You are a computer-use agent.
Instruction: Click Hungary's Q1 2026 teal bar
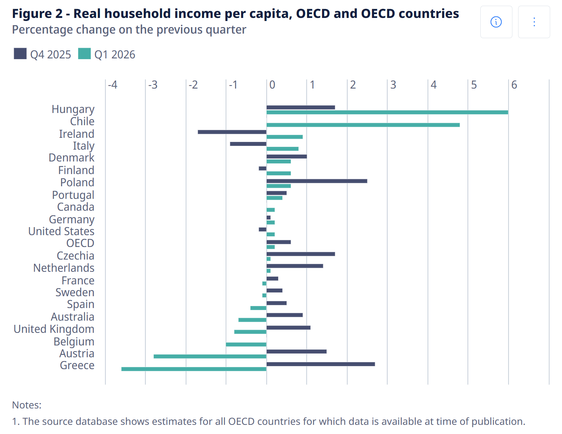pyautogui.click(x=387, y=112)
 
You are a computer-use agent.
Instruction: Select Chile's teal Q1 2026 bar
pyautogui.click(x=363, y=125)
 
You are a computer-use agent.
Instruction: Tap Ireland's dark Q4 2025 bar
pyautogui.click(x=232, y=132)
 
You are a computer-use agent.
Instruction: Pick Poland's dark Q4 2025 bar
pyautogui.click(x=317, y=181)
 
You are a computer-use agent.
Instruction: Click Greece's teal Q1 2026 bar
pyautogui.click(x=194, y=369)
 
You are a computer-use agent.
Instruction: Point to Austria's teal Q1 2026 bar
pyautogui.click(x=210, y=357)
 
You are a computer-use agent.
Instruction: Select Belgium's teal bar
pyautogui.click(x=246, y=344)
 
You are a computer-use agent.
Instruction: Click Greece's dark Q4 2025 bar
pyautogui.click(x=321, y=364)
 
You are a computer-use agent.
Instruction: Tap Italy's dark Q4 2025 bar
pyautogui.click(x=248, y=144)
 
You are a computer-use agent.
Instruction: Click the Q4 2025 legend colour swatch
pyautogui.click(x=20, y=53)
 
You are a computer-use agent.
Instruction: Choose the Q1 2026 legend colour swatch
pyautogui.click(x=84, y=53)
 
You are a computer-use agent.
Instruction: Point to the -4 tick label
pyautogui.click(x=113, y=85)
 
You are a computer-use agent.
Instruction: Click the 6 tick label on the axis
pyautogui.click(x=514, y=85)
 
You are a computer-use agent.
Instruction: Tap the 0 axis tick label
pyautogui.click(x=272, y=85)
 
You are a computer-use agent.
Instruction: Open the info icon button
pyautogui.click(x=496, y=22)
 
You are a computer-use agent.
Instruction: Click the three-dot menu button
pyautogui.click(x=534, y=22)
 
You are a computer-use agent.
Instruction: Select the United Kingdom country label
pyautogui.click(x=54, y=329)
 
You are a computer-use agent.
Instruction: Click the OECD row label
pyautogui.click(x=81, y=243)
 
